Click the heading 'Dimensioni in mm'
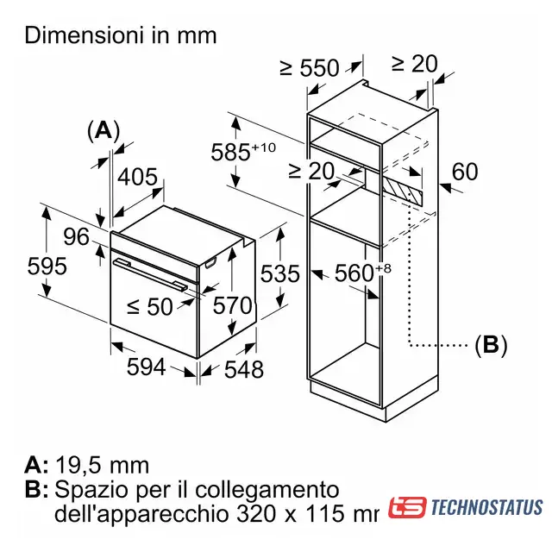point(120,35)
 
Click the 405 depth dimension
point(137,179)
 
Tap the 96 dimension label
point(77,236)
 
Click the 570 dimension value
point(233,305)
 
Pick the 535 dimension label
point(279,274)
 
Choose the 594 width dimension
point(147,367)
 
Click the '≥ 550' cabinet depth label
point(310,68)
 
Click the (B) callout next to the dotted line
point(491,345)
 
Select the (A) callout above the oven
point(103,130)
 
